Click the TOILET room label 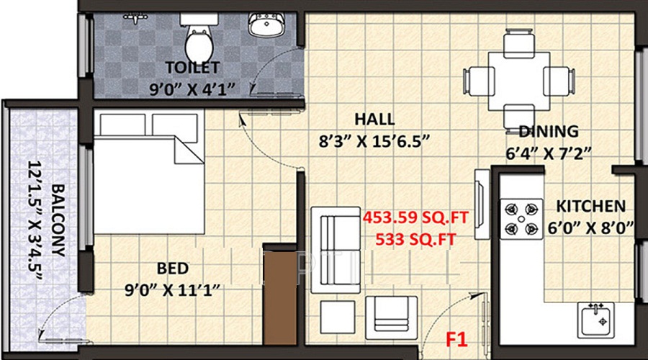coord(192,68)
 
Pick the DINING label coord(549,132)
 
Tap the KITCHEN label coord(594,207)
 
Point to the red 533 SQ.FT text coord(415,240)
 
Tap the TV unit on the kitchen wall coord(480,204)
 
